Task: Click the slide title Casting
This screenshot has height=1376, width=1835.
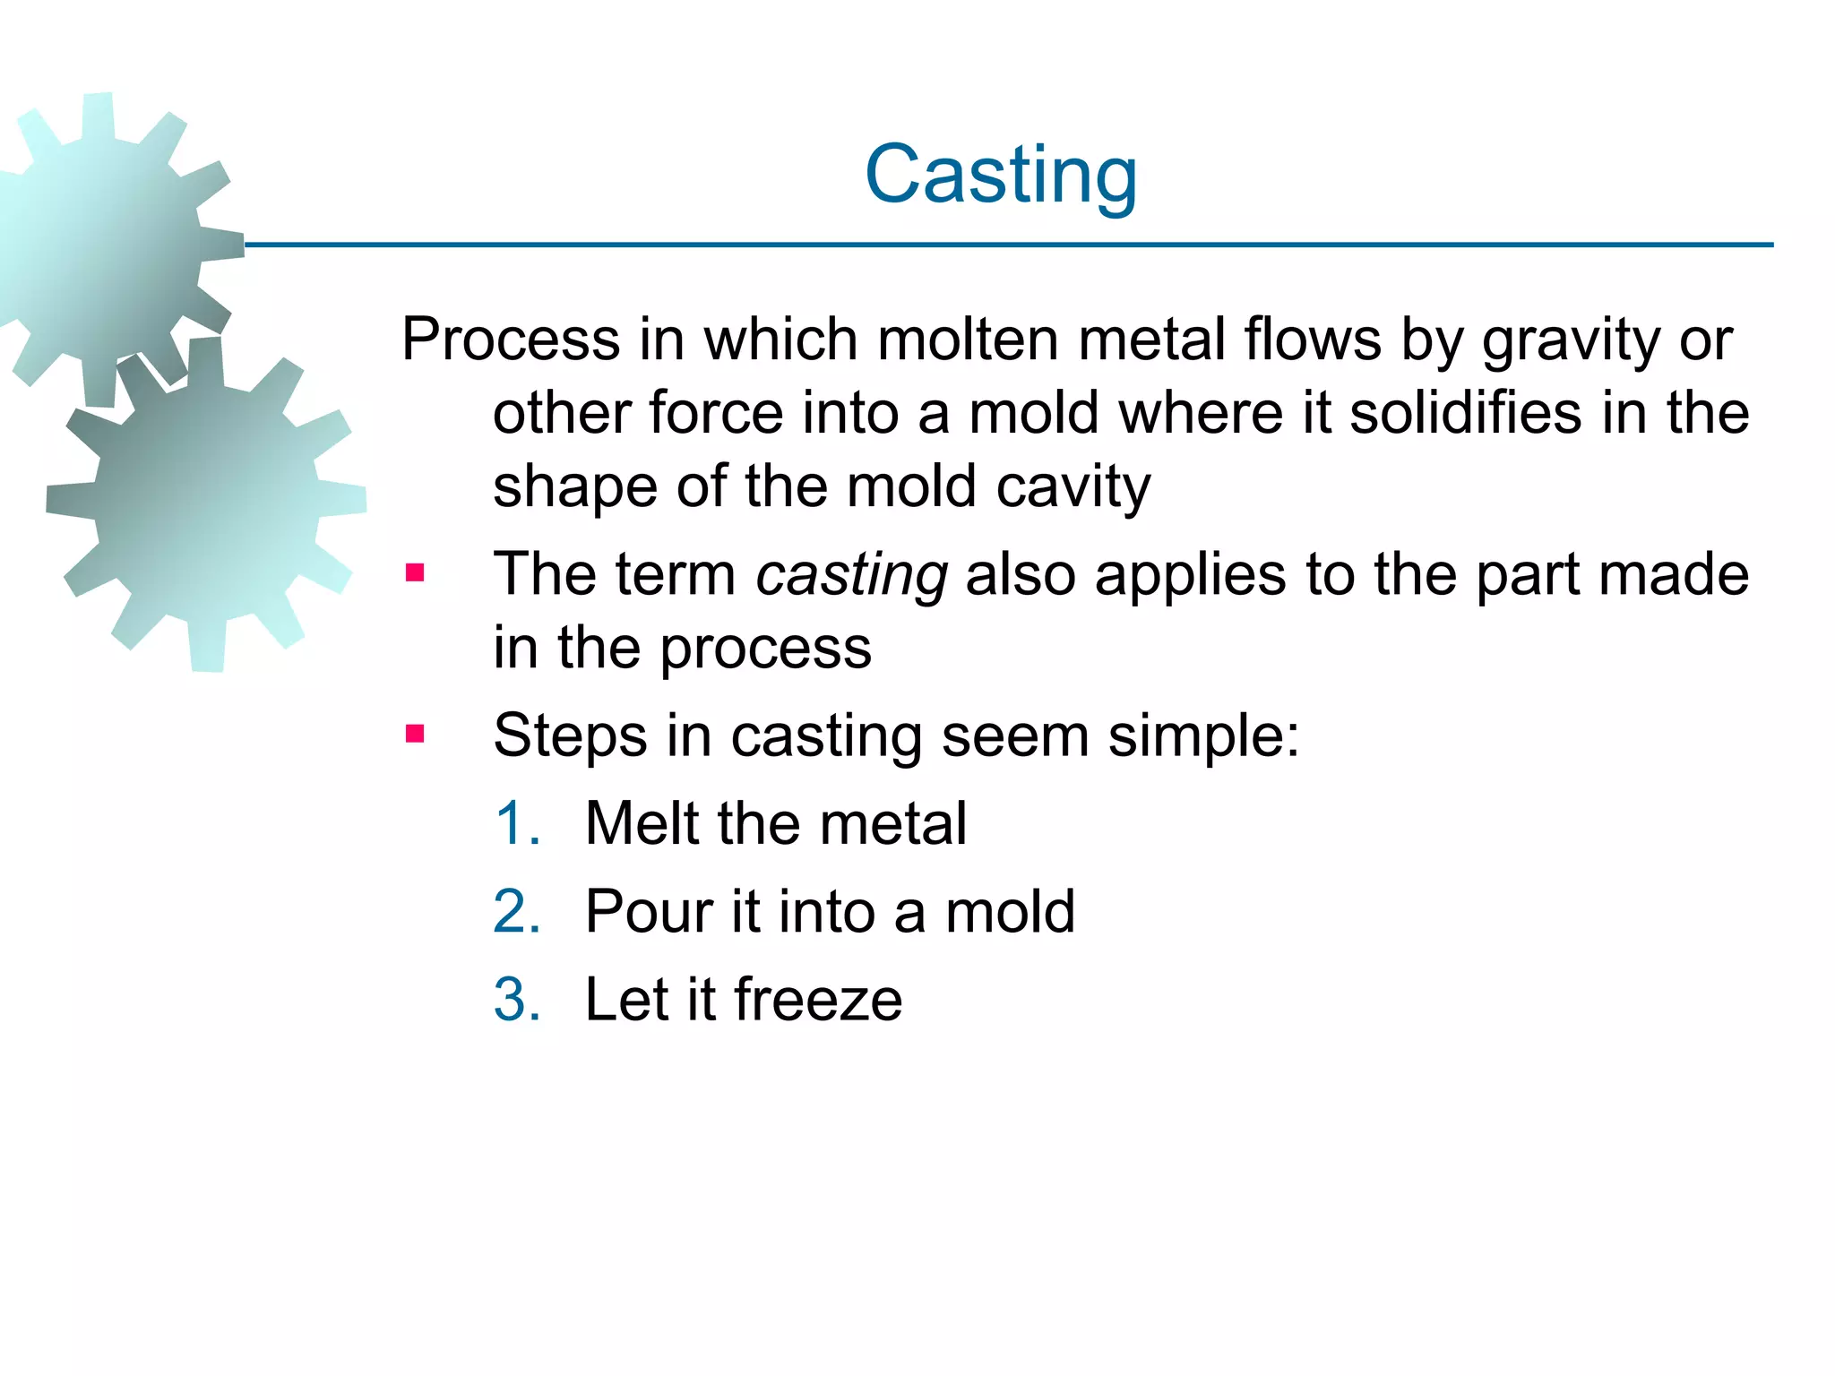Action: pyautogui.click(x=1001, y=175)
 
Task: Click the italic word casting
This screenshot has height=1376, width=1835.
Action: pyautogui.click(x=851, y=576)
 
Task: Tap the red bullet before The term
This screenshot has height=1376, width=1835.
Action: pyautogui.click(x=415, y=572)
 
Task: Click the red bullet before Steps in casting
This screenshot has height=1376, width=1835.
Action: pyautogui.click(x=415, y=735)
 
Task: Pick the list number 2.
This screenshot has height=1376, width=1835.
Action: pyautogui.click(x=517, y=912)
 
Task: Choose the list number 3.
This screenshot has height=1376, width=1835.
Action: pyautogui.click(x=517, y=1000)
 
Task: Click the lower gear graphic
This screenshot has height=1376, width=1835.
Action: pyautogui.click(x=206, y=502)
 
